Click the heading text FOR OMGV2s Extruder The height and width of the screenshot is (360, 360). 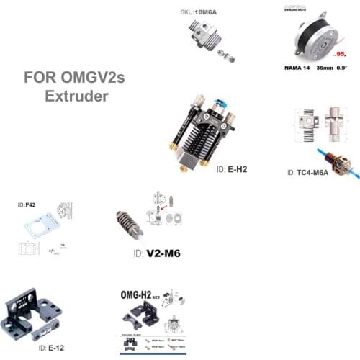pyautogui.click(x=74, y=86)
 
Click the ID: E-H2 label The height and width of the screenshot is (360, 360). pyautogui.click(x=233, y=168)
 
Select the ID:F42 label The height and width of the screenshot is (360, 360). pyautogui.click(x=26, y=205)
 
